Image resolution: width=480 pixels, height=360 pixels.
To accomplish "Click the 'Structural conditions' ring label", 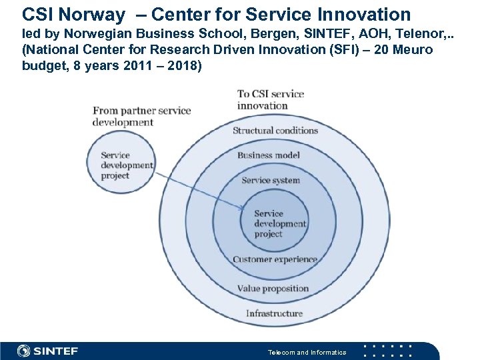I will (275, 131).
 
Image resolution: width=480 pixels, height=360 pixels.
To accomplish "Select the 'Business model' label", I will (269, 155).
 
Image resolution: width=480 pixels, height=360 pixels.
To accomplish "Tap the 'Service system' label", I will (271, 180).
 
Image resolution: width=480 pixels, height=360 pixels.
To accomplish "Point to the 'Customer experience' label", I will (275, 259).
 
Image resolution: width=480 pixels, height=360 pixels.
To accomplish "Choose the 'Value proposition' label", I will (273, 289).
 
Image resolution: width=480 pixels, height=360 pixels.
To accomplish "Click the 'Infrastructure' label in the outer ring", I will (274, 313).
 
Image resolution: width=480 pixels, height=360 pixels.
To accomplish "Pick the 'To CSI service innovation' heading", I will (270, 99).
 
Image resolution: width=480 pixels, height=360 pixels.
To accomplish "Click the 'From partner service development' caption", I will (141, 116).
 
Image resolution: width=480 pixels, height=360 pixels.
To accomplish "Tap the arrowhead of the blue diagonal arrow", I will (243, 209).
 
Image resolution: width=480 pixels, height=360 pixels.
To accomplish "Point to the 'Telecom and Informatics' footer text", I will (307, 352).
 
